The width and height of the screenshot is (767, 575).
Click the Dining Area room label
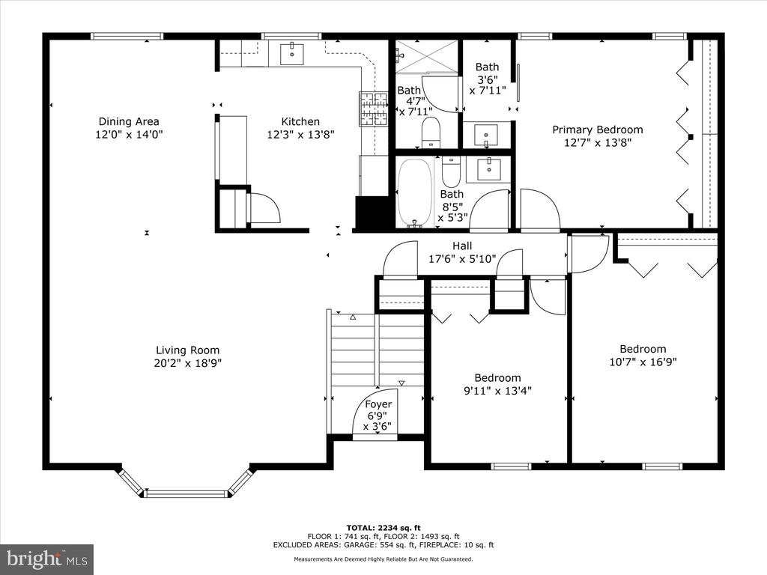(129, 121)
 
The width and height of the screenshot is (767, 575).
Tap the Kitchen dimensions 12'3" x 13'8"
(300, 135)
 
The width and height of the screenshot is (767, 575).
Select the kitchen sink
(291, 54)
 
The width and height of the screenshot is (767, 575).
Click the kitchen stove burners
(373, 109)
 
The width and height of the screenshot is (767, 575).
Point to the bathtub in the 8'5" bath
(415, 192)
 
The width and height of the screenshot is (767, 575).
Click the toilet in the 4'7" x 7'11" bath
(431, 132)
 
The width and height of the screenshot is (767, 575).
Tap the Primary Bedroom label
(597, 130)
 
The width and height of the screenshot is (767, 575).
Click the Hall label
(461, 246)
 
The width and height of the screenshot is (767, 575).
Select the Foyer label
(378, 404)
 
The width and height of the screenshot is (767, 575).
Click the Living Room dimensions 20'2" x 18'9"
(187, 363)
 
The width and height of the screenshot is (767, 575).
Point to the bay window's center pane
(187, 493)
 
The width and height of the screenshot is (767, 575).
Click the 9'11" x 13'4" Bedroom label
(497, 377)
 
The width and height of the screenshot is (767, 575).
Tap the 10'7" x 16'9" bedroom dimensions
(643, 362)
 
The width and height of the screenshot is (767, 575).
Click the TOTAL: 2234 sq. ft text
(383, 528)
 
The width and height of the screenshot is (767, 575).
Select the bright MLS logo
(47, 559)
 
